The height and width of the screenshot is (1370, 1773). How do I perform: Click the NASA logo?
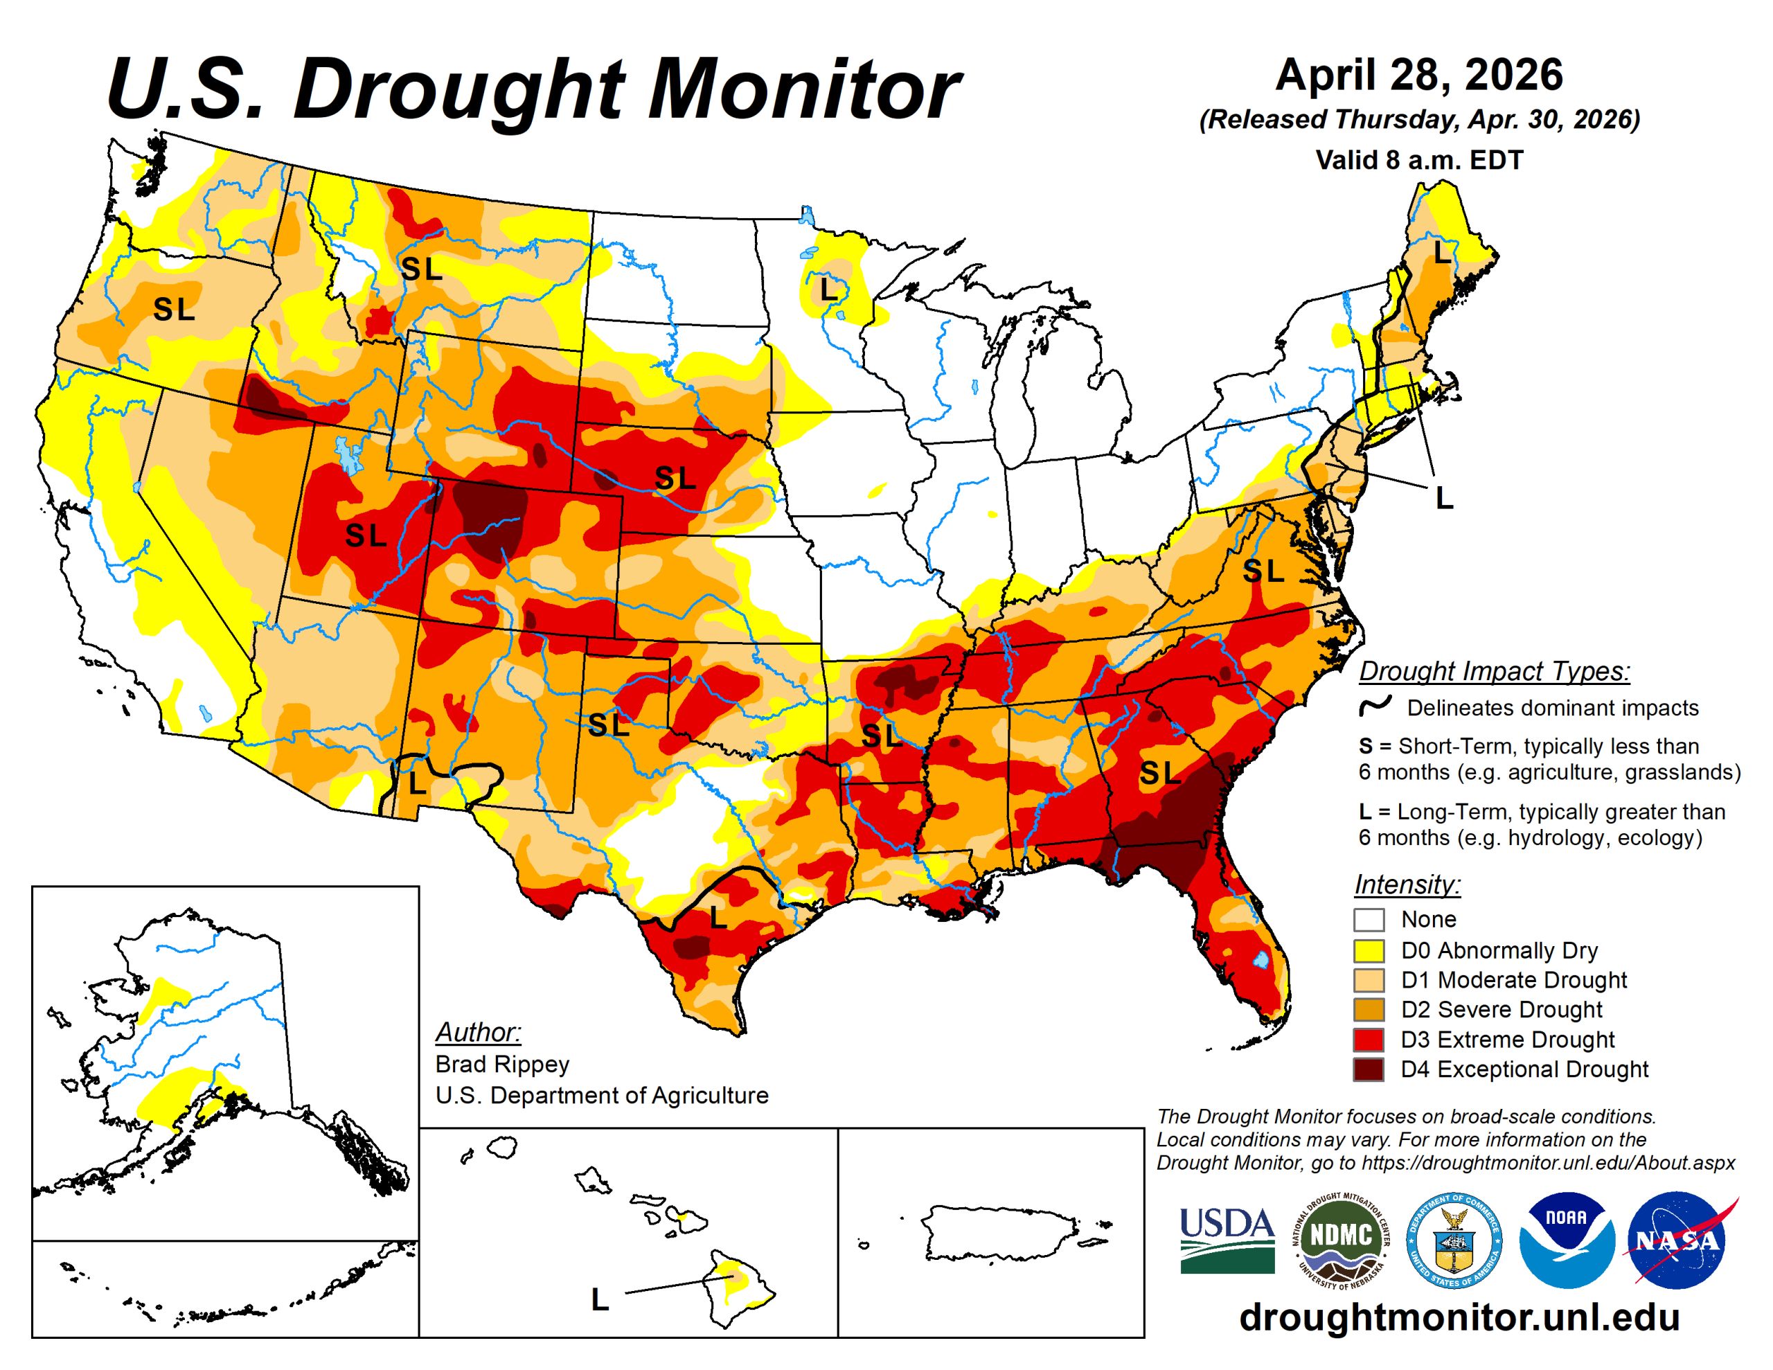coord(1677,1239)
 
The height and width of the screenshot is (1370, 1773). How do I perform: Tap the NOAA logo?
coord(1566,1239)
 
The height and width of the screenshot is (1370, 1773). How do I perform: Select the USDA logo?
coord(1227,1239)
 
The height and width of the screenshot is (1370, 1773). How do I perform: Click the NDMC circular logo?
coord(1341,1239)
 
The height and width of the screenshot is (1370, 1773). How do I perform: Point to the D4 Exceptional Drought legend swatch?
coord(1369,1069)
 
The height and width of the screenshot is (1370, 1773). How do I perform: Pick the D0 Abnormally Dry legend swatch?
coord(1369,950)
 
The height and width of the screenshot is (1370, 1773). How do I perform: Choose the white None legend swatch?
coord(1369,919)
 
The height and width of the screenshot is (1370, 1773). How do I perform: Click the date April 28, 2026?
coord(1419,75)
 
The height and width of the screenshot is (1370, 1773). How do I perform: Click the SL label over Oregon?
coord(174,310)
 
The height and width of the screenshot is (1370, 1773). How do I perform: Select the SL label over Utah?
coord(365,536)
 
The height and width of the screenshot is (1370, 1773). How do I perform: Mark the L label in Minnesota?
coord(828,289)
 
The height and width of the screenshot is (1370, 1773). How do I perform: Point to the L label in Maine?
coord(1441,253)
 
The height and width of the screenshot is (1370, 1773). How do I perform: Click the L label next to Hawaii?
coord(599,1300)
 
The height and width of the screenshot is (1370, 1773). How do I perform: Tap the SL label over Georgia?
coord(1159,774)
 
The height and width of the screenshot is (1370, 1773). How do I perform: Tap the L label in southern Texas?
coord(718,918)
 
